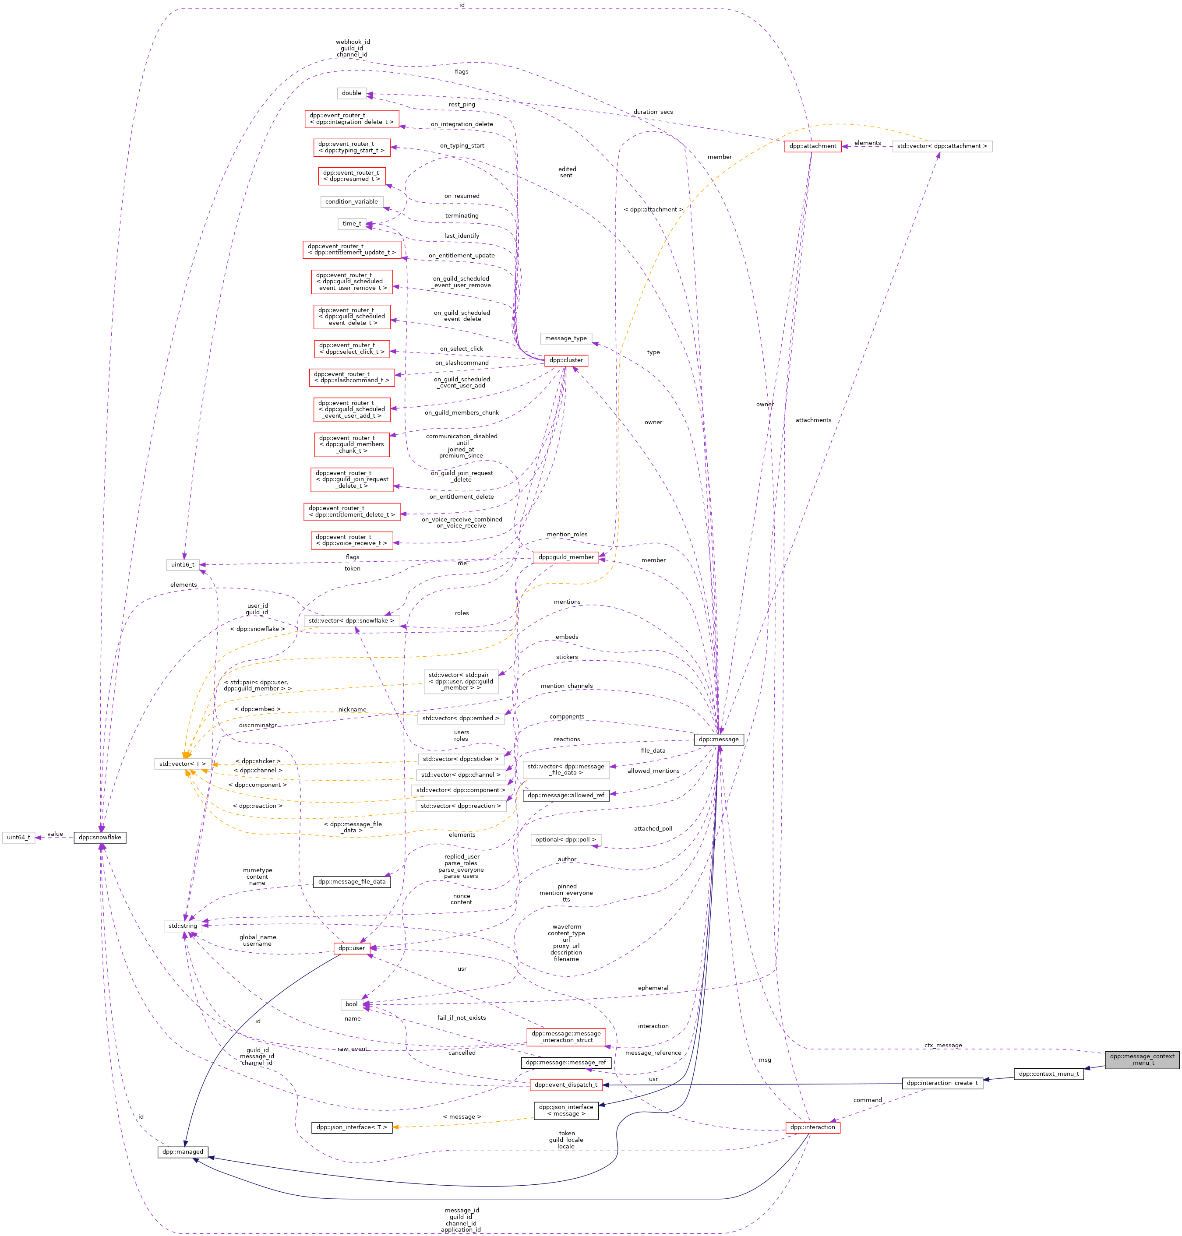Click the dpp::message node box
718,739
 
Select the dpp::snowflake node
100,837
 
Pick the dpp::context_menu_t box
1048,1074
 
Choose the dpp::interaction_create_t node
942,1083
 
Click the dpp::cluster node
566,360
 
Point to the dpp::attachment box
813,146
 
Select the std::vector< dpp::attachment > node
942,146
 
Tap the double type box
352,93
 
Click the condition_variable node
352,201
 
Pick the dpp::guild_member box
566,557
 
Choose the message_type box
566,338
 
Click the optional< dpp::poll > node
566,839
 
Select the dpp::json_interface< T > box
352,1127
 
